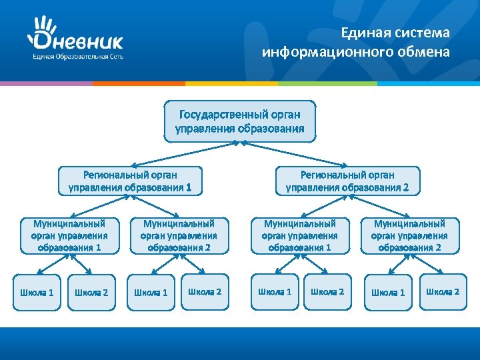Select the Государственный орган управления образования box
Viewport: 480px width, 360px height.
tap(239, 121)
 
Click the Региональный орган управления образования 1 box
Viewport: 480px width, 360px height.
tap(130, 181)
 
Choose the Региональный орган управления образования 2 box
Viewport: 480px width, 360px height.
tap(347, 181)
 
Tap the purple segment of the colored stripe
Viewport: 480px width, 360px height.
tap(46, 83)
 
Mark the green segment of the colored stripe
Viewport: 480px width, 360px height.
tap(327, 83)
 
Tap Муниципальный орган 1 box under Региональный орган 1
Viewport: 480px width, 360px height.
tap(69, 235)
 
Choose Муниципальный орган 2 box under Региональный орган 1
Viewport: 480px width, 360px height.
tap(179, 235)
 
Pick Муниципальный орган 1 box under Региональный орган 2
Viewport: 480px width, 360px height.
tap(299, 235)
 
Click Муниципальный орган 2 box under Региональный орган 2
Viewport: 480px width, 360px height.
tap(409, 235)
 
